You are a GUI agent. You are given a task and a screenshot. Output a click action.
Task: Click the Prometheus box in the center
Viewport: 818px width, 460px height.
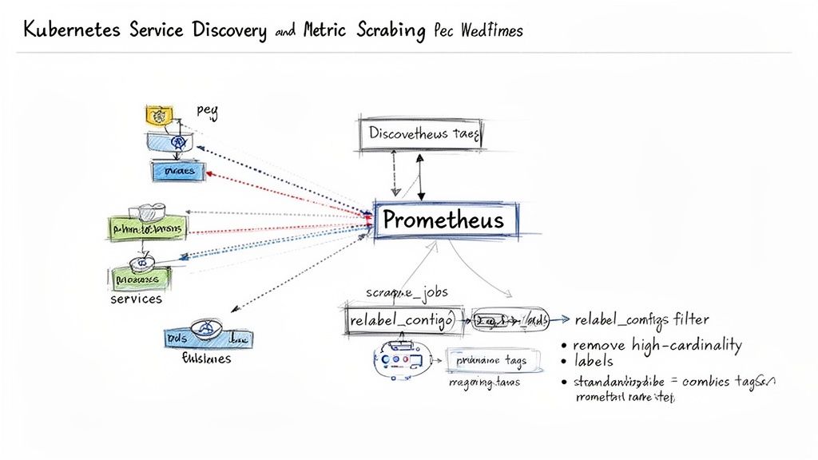click(444, 220)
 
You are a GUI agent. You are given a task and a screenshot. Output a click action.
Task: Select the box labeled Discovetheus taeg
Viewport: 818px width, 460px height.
click(422, 135)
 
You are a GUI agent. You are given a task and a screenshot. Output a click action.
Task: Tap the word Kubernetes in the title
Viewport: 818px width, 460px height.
click(72, 30)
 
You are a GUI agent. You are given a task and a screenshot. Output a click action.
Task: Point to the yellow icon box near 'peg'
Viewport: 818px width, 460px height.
click(159, 116)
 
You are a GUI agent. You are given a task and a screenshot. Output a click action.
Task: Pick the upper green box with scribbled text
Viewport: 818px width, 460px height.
click(147, 228)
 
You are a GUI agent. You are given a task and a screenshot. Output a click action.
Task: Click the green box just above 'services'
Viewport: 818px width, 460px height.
click(139, 279)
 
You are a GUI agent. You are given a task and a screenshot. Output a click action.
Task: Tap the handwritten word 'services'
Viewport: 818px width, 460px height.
click(136, 299)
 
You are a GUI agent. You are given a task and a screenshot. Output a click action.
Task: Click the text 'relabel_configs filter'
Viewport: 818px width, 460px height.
click(641, 320)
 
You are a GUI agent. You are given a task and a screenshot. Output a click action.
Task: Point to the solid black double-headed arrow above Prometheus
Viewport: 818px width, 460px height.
click(420, 176)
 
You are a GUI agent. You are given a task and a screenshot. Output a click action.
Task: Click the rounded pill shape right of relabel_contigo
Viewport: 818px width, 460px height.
click(510, 320)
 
